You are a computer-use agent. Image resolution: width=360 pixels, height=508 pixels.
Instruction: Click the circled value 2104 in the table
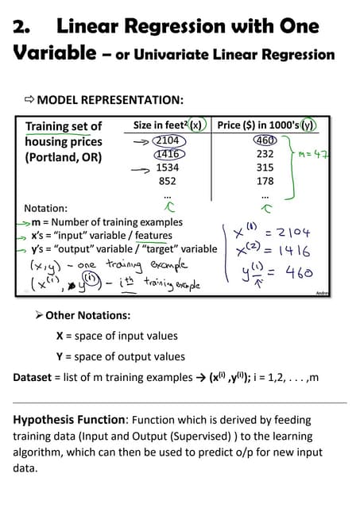click(168, 140)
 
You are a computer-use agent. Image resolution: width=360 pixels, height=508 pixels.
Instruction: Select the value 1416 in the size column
click(167, 154)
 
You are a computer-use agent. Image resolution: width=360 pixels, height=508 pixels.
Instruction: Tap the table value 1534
click(168, 167)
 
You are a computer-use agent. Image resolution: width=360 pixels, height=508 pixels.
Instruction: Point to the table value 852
click(168, 180)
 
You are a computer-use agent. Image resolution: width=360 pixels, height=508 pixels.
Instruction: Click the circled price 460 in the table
click(265, 140)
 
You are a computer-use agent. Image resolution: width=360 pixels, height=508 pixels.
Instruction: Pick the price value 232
click(265, 154)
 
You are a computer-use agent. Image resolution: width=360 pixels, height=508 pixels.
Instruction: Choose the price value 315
click(265, 167)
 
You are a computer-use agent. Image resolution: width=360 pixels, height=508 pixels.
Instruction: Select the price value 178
click(265, 180)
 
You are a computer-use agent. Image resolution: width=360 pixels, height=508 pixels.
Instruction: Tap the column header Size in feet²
click(162, 125)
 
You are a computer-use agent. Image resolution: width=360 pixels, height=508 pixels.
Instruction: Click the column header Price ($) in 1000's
click(261, 125)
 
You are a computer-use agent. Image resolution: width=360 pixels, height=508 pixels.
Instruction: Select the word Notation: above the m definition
click(46, 209)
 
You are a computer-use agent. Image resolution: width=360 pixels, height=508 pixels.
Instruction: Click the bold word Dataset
click(35, 377)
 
